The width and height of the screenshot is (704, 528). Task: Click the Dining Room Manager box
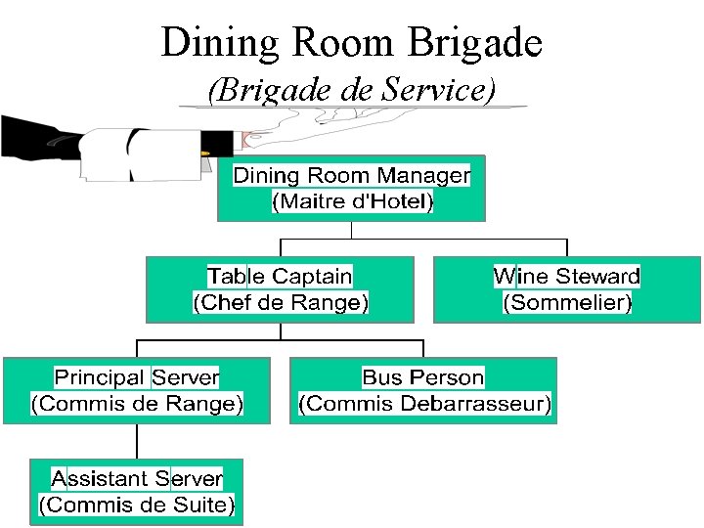[x=351, y=188]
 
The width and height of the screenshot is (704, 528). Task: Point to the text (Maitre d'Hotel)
[x=351, y=202]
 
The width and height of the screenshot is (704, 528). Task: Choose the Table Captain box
[x=280, y=289]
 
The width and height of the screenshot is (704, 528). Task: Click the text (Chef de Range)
[x=280, y=303]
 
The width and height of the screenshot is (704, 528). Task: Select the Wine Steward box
[x=567, y=289]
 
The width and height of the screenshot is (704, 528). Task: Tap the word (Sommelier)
[x=567, y=303]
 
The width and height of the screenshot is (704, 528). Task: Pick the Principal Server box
[x=137, y=390]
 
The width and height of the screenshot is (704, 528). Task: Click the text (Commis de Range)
[x=137, y=403]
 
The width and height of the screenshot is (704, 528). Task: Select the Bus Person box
[x=423, y=390]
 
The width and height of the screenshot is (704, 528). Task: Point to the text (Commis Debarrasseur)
[x=424, y=403]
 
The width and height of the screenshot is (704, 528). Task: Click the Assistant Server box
[x=137, y=492]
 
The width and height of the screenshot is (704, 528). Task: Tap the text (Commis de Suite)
[x=137, y=506]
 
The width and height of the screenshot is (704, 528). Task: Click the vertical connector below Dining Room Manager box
[x=351, y=230]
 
